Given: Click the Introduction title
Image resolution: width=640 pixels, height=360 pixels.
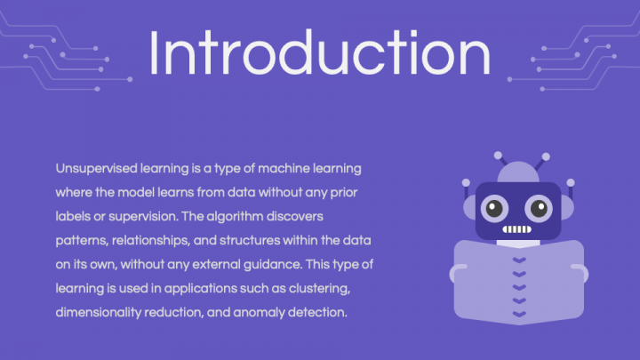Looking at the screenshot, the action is coord(320,52).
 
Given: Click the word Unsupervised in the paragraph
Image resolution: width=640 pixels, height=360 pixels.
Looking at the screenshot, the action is coord(96,169).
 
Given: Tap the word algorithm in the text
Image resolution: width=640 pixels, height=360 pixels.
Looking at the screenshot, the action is coord(235,216).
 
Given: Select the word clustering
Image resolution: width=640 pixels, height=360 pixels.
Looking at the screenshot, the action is coord(319,289).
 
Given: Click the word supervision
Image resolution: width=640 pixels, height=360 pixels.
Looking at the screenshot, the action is coord(143,216).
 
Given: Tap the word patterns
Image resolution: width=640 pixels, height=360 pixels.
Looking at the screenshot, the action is coord(82,240).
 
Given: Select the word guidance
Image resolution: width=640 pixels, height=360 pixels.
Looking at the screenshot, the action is coord(273,265).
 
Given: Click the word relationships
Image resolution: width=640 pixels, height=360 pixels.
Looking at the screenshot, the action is coord(151,240).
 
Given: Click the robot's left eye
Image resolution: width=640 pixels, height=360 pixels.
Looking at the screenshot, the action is coord(494,209).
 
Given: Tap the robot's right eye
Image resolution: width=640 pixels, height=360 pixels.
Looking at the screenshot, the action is coord(539,209).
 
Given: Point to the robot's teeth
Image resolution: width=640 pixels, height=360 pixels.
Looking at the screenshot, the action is coord(516,229).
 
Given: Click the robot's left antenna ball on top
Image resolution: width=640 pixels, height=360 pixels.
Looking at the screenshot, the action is coord(498,155).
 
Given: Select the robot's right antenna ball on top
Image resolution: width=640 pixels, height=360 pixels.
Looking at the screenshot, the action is coord(546,156).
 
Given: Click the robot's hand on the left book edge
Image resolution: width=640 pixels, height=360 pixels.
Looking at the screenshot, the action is coord(457,273).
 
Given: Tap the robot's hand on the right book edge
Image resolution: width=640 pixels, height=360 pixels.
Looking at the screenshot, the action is coord(580,273).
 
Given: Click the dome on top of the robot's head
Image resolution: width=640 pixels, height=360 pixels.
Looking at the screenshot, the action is coord(518,172).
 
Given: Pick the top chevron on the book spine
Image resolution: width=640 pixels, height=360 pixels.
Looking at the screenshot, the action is coord(519,260).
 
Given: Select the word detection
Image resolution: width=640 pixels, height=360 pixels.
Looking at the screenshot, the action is coord(317,313).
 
